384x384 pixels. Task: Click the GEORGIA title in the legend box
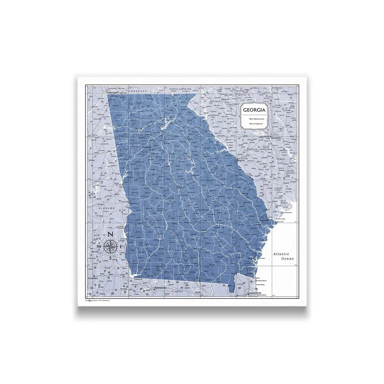pos(254,110)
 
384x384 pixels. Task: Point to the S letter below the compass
pos(110,258)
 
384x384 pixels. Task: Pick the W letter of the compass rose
pos(99,247)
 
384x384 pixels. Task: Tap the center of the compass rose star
pos(110,246)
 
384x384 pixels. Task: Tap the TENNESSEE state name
pos(137,91)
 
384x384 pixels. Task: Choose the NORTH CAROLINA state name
pos(180,89)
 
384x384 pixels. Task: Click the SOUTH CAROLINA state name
pos(260,149)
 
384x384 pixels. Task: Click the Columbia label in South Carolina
pos(275,138)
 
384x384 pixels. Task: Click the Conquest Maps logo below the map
pos(92,301)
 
